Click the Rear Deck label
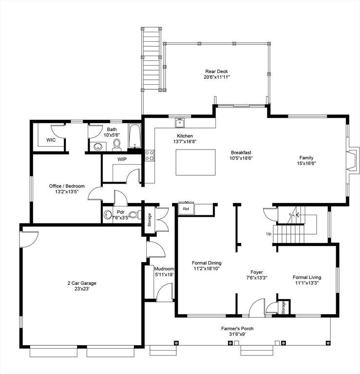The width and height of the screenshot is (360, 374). [217, 72]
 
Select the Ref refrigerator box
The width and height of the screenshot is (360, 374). [186, 208]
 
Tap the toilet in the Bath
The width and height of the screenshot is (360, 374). [116, 144]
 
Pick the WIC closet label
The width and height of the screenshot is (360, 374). [51, 140]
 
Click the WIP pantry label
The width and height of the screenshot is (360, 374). [122, 159]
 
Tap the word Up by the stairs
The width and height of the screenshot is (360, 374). [268, 234]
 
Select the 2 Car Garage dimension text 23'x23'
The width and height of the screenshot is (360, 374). [82, 288]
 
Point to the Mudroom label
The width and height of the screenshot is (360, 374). [164, 268]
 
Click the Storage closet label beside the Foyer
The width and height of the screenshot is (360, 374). [283, 308]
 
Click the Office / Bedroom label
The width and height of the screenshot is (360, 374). [67, 186]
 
